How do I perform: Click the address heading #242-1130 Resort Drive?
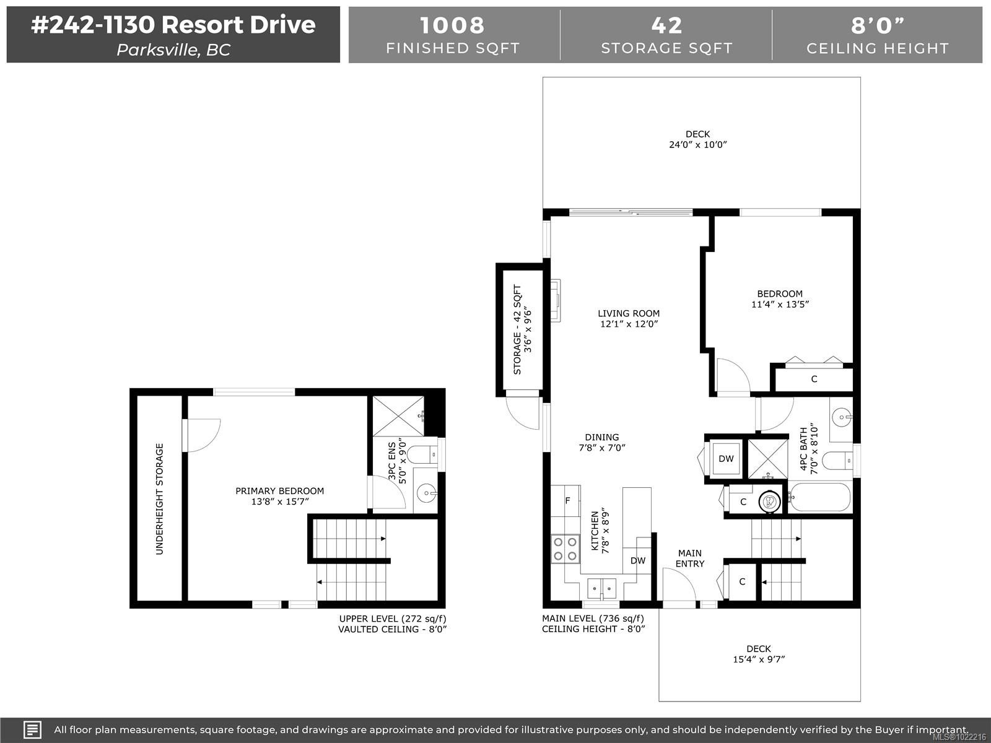173,25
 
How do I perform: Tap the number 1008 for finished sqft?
452,25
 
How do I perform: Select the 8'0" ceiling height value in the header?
877,25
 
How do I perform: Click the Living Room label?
628,313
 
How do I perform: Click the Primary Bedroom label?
279,491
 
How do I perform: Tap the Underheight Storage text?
160,498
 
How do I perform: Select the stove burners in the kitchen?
565,549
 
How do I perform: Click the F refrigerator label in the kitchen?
567,500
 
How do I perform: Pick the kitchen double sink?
601,586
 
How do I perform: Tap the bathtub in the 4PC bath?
819,497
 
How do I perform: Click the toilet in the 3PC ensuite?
424,455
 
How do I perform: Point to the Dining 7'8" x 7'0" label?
601,442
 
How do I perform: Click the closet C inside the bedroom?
814,379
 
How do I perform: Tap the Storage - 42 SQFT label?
518,329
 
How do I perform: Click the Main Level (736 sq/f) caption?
593,618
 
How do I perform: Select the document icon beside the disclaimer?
32,729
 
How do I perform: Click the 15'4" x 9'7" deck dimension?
758,659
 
